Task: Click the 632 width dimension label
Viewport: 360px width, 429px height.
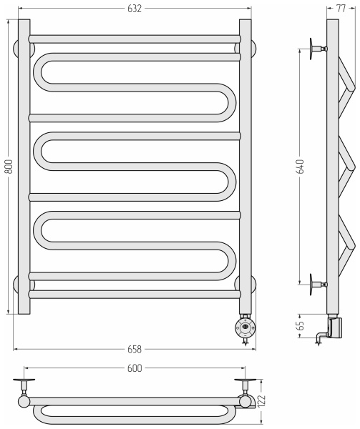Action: click(135, 9)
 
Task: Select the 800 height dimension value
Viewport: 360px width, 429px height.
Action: click(9, 167)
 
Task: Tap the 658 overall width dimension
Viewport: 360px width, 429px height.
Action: click(135, 350)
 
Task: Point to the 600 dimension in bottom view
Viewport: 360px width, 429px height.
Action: click(135, 368)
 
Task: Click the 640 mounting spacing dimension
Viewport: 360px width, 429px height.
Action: click(301, 167)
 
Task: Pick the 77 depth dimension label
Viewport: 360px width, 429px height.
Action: click(341, 9)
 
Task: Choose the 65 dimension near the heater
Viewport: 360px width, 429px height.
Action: click(301, 325)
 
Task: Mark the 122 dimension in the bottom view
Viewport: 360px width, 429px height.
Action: click(262, 401)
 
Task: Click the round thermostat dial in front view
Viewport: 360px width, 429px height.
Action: click(245, 327)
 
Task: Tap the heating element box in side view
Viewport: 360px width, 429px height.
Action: click(335, 327)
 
